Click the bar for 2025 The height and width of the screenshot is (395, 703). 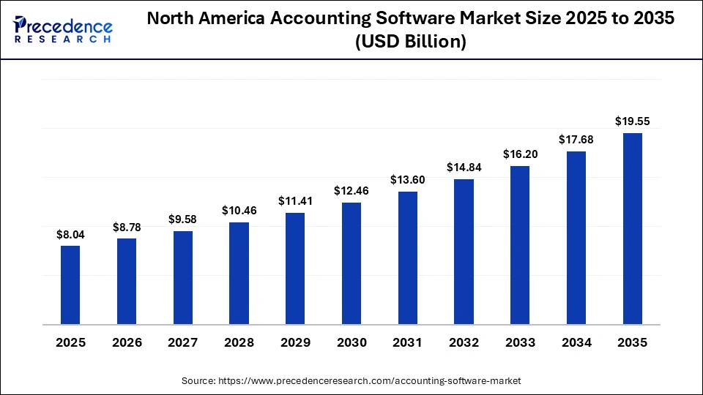click(x=70, y=285)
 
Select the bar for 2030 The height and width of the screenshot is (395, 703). click(x=351, y=263)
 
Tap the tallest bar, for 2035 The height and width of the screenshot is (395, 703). click(x=632, y=228)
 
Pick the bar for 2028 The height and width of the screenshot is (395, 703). click(x=239, y=273)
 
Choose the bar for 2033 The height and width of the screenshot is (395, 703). click(x=520, y=245)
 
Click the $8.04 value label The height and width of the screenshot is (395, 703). click(x=70, y=235)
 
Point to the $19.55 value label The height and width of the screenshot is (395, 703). click(x=632, y=121)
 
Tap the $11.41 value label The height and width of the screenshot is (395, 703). click(x=295, y=201)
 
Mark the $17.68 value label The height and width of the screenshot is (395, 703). click(x=576, y=140)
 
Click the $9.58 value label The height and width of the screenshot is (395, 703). click(x=183, y=219)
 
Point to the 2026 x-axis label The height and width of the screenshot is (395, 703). click(x=127, y=342)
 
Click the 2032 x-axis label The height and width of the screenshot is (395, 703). click(x=464, y=342)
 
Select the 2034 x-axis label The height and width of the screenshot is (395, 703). click(x=576, y=342)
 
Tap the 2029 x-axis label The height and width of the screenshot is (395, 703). click(x=295, y=342)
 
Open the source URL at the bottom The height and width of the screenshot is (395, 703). click(x=351, y=381)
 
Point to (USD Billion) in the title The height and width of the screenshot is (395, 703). click(x=410, y=42)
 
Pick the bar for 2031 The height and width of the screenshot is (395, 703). click(x=408, y=257)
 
